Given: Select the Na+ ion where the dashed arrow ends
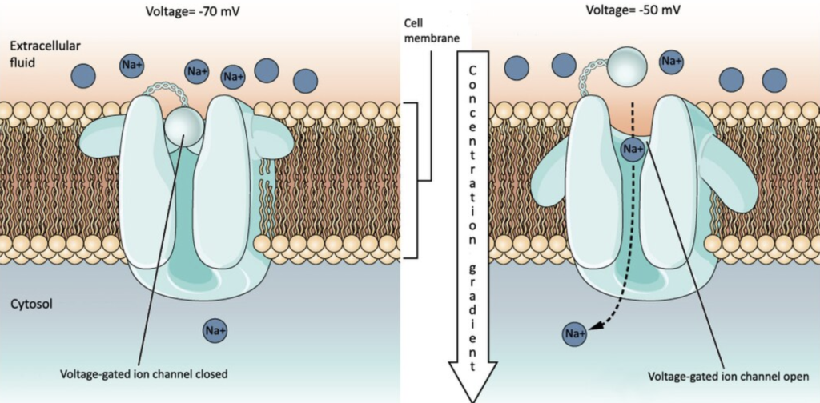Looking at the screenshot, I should tap(573, 333).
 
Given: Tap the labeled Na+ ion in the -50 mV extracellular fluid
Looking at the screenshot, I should tap(671, 61).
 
